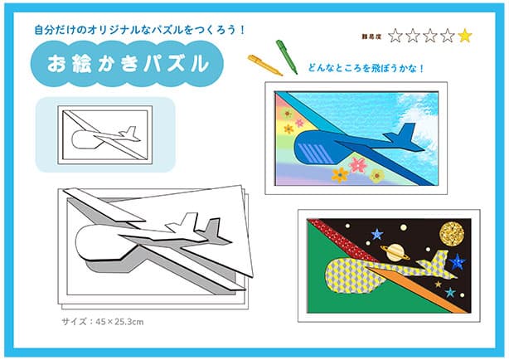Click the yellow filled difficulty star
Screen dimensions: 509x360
pyautogui.click(x=465, y=36)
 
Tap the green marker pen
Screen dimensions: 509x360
pyautogui.click(x=286, y=56)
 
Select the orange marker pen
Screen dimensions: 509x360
pyautogui.click(x=264, y=65)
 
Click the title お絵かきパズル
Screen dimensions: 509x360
pyautogui.click(x=128, y=64)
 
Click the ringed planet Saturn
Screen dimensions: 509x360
pyautogui.click(x=395, y=252)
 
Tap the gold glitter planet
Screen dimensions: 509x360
pyautogui.click(x=451, y=234)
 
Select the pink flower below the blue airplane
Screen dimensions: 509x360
pyautogui.click(x=358, y=165)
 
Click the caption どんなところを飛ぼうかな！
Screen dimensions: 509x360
pyautogui.click(x=366, y=69)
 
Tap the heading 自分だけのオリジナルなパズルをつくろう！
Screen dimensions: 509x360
pyautogui.click(x=139, y=30)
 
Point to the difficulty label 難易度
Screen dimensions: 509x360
pyautogui.click(x=371, y=36)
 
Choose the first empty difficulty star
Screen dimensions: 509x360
pyautogui.click(x=395, y=36)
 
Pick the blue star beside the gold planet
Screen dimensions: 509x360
pyautogui.click(x=457, y=262)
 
